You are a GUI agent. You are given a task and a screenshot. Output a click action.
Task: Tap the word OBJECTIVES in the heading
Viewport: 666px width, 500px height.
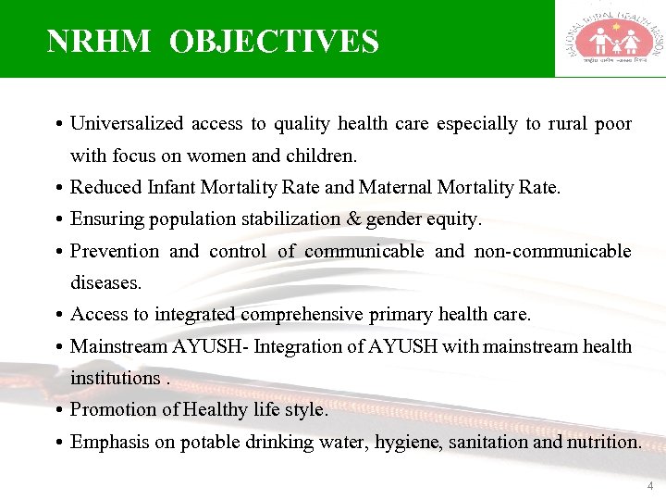275,42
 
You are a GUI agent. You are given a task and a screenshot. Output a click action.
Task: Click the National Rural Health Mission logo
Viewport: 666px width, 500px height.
610,39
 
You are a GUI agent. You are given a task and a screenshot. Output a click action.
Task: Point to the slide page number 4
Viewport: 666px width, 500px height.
650,486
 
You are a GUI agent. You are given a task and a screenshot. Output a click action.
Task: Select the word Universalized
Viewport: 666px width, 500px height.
128,124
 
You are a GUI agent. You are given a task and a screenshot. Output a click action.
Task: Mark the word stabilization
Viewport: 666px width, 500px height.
295,219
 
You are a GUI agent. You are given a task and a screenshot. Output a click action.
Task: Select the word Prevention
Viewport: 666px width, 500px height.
115,251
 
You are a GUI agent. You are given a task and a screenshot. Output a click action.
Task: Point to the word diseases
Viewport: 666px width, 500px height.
105,282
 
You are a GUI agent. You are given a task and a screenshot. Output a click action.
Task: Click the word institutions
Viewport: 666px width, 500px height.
114,378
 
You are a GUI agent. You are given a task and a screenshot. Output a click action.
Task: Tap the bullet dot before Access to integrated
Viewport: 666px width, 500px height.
58,315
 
